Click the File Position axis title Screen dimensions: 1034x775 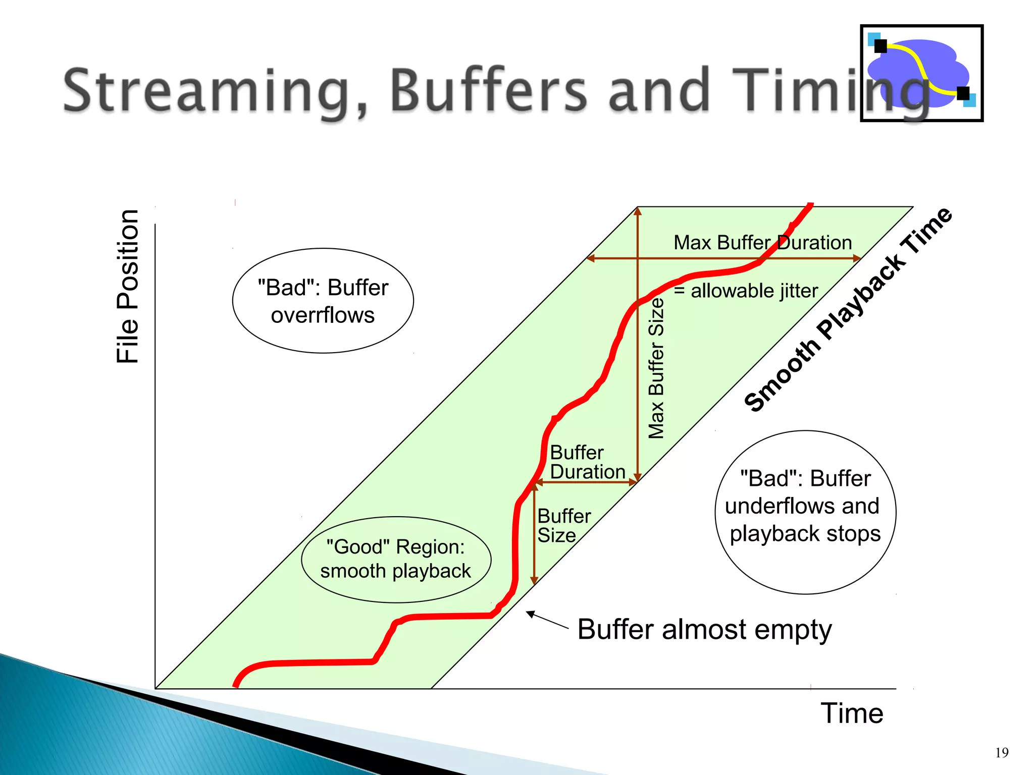[x=128, y=287]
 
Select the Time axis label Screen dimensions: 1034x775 [x=852, y=713]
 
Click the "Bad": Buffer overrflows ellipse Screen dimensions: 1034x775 [x=323, y=301]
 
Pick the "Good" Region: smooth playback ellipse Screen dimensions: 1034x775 [x=396, y=559]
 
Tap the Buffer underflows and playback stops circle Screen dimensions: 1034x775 [x=805, y=512]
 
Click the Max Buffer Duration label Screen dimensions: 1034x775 [x=762, y=243]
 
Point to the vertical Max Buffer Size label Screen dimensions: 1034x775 [x=656, y=368]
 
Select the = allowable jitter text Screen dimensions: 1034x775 [x=746, y=291]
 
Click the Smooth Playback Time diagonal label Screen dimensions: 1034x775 [x=848, y=310]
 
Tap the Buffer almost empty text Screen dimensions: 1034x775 [x=704, y=629]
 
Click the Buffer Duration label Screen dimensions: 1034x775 [x=587, y=462]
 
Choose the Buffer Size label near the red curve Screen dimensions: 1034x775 [x=563, y=526]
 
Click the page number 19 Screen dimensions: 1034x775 [x=1002, y=753]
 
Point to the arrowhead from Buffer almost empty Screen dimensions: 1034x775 [x=529, y=614]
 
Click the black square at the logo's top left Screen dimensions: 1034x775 [x=881, y=46]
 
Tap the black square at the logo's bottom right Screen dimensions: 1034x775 [x=963, y=93]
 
